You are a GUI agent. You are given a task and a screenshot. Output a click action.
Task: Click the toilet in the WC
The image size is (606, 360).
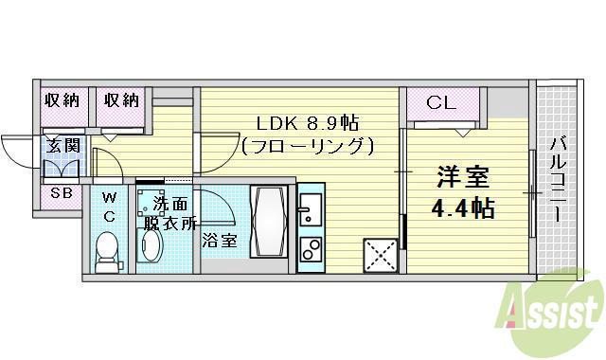point(109,250)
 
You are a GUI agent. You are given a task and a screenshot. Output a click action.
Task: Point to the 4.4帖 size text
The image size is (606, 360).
point(464,208)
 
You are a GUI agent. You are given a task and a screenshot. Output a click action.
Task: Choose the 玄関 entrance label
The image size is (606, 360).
point(64,146)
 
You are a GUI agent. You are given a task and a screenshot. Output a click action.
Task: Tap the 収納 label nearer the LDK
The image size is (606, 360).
point(122,99)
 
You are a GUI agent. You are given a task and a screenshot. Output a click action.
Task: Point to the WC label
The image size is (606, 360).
point(109,207)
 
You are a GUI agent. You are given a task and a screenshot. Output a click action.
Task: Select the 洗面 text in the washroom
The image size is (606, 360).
point(171,205)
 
